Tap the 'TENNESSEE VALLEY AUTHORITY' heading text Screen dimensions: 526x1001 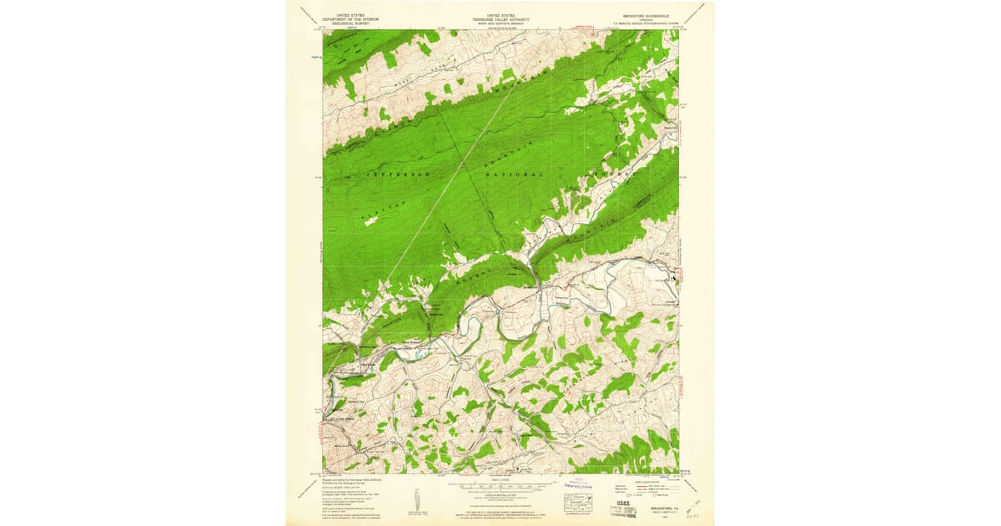[500, 18]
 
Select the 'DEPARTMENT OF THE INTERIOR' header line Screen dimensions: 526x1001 [350, 18]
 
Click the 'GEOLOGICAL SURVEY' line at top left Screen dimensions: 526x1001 [350, 23]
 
